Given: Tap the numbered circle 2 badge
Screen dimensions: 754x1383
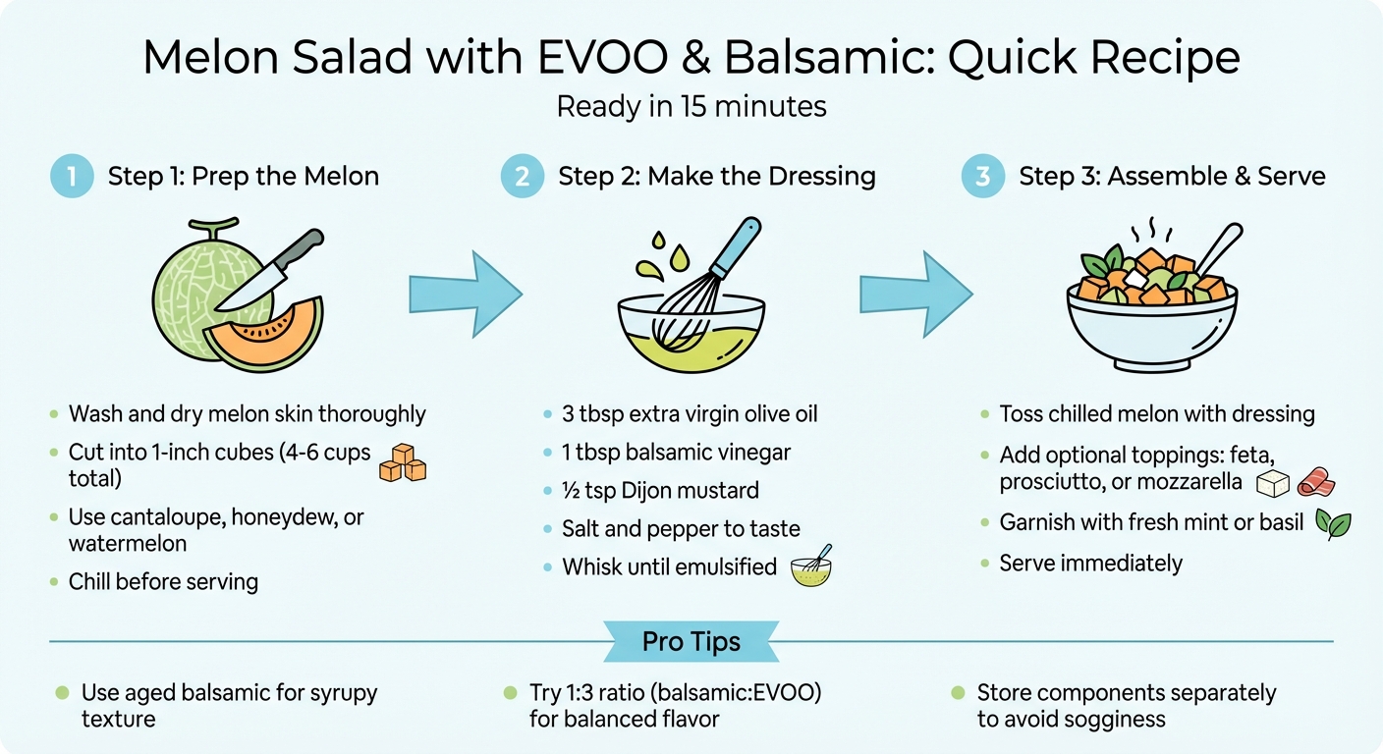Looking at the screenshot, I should coord(521,177).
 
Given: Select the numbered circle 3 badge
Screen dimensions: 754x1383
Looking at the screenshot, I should coord(981,177).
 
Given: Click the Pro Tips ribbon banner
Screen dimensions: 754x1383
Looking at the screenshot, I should coord(691,642).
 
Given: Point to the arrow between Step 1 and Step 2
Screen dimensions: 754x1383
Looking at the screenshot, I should coord(464,293).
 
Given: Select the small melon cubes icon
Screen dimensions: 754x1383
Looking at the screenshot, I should coord(402,462).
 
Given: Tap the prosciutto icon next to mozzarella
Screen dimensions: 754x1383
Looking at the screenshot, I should coord(1316,483).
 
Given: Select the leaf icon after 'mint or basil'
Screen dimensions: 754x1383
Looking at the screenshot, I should coord(1333,524).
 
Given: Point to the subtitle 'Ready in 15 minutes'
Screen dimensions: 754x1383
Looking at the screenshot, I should coord(691,106).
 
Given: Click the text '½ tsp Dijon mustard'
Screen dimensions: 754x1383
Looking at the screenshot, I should coord(660,491).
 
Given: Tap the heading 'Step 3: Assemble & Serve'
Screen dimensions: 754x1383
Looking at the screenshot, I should coord(1172,177).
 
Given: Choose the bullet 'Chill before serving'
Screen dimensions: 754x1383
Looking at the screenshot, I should coord(163,581).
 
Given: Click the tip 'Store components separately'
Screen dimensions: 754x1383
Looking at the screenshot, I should coord(1126,693).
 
